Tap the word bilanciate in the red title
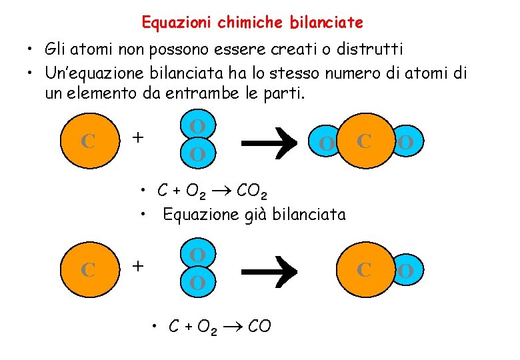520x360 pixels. (327, 23)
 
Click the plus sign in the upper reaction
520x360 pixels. (137, 137)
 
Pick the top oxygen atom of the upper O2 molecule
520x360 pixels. (197, 126)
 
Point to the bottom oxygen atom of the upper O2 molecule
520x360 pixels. (197, 155)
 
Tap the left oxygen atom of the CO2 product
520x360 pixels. (326, 143)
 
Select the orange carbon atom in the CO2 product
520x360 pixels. (364, 140)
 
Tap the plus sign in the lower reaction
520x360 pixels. (137, 266)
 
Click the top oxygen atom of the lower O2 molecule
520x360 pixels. (197, 255)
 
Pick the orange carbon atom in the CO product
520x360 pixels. (364, 269)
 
